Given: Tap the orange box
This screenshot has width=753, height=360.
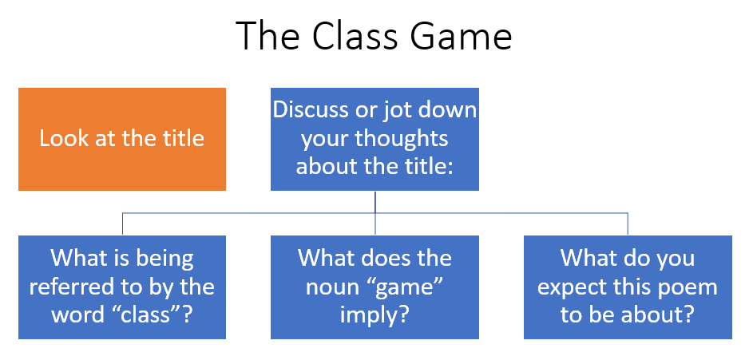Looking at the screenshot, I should [x=122, y=140].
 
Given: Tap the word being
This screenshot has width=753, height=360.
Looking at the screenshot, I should [x=165, y=259].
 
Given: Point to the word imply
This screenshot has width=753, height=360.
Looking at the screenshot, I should [x=375, y=314].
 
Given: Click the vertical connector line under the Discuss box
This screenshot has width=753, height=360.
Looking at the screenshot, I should [x=375, y=202].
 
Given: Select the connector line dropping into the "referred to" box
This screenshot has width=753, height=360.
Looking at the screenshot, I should [x=122, y=224].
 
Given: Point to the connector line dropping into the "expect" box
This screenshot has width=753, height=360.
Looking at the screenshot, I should [x=628, y=224].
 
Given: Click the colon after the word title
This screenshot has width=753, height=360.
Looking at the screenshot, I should [x=450, y=166].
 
